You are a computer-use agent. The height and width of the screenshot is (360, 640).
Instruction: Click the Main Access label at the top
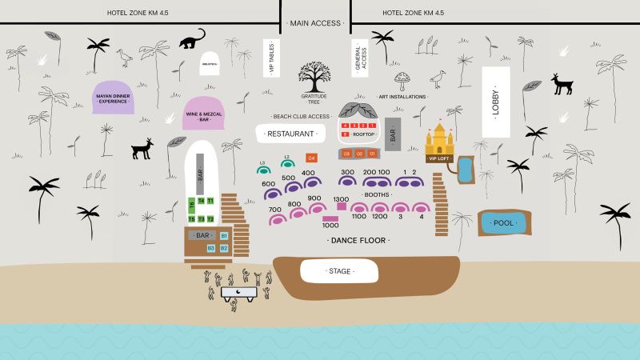tap(315, 23)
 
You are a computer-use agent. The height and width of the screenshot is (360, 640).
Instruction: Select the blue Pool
tap(504, 223)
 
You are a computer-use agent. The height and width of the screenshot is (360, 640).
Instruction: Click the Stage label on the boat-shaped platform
tap(340, 271)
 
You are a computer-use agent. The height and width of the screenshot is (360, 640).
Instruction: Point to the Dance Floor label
tap(359, 240)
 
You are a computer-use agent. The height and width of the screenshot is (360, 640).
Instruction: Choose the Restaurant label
tap(290, 134)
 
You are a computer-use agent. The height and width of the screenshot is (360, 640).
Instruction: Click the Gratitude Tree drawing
tap(314, 78)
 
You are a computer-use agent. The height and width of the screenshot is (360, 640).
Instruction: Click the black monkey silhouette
tap(192, 39)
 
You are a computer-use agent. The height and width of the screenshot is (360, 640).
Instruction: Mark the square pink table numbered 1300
tap(342, 206)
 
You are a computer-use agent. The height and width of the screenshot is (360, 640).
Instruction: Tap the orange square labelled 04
tap(312, 158)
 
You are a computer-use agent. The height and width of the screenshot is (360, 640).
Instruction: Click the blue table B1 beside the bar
tap(224, 237)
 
